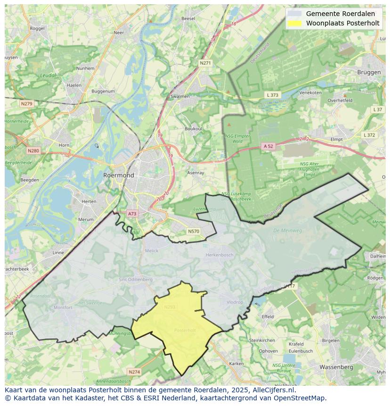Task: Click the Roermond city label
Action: pyautogui.click(x=118, y=175)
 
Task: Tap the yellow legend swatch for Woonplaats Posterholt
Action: pyautogui.click(x=295, y=23)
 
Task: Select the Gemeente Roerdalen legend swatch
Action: pyautogui.click(x=295, y=14)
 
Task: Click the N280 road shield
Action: pyautogui.click(x=33, y=151)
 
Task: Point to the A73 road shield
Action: pyautogui.click(x=132, y=214)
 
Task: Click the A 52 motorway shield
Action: pyautogui.click(x=268, y=146)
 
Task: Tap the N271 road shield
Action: pyautogui.click(x=205, y=63)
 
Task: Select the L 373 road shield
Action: pyautogui.click(x=272, y=95)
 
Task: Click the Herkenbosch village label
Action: pyautogui.click(x=219, y=255)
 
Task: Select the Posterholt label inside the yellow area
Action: pyautogui.click(x=185, y=330)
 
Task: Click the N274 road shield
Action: pyautogui.click(x=134, y=372)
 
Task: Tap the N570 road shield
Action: pyautogui.click(x=193, y=231)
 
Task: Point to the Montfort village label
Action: pyautogui.click(x=63, y=307)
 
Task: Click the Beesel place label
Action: pyautogui.click(x=188, y=18)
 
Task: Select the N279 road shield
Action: pyautogui.click(x=26, y=103)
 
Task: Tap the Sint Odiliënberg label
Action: pyautogui.click(x=136, y=280)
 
